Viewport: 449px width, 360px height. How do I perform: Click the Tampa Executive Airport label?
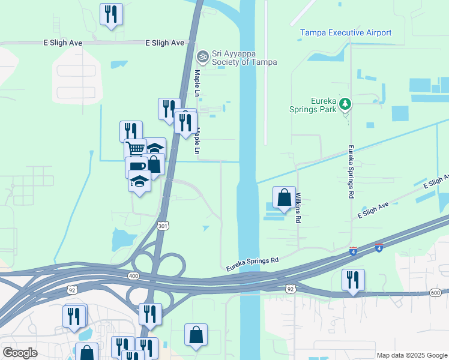point(346,33)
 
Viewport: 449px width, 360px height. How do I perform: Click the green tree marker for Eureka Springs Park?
point(345,104)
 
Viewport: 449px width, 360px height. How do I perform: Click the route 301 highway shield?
point(162,226)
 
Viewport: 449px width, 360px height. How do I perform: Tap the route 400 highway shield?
point(133,275)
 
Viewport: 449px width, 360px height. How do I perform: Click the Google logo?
point(20,353)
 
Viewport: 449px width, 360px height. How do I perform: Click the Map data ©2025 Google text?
point(412,355)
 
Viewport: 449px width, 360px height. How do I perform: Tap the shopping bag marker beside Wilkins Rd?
point(284,197)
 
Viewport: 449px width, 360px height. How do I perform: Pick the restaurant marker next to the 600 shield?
point(353,280)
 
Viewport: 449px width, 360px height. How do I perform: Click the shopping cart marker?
point(136,148)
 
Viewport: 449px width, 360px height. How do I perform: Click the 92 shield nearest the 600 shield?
point(291,289)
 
